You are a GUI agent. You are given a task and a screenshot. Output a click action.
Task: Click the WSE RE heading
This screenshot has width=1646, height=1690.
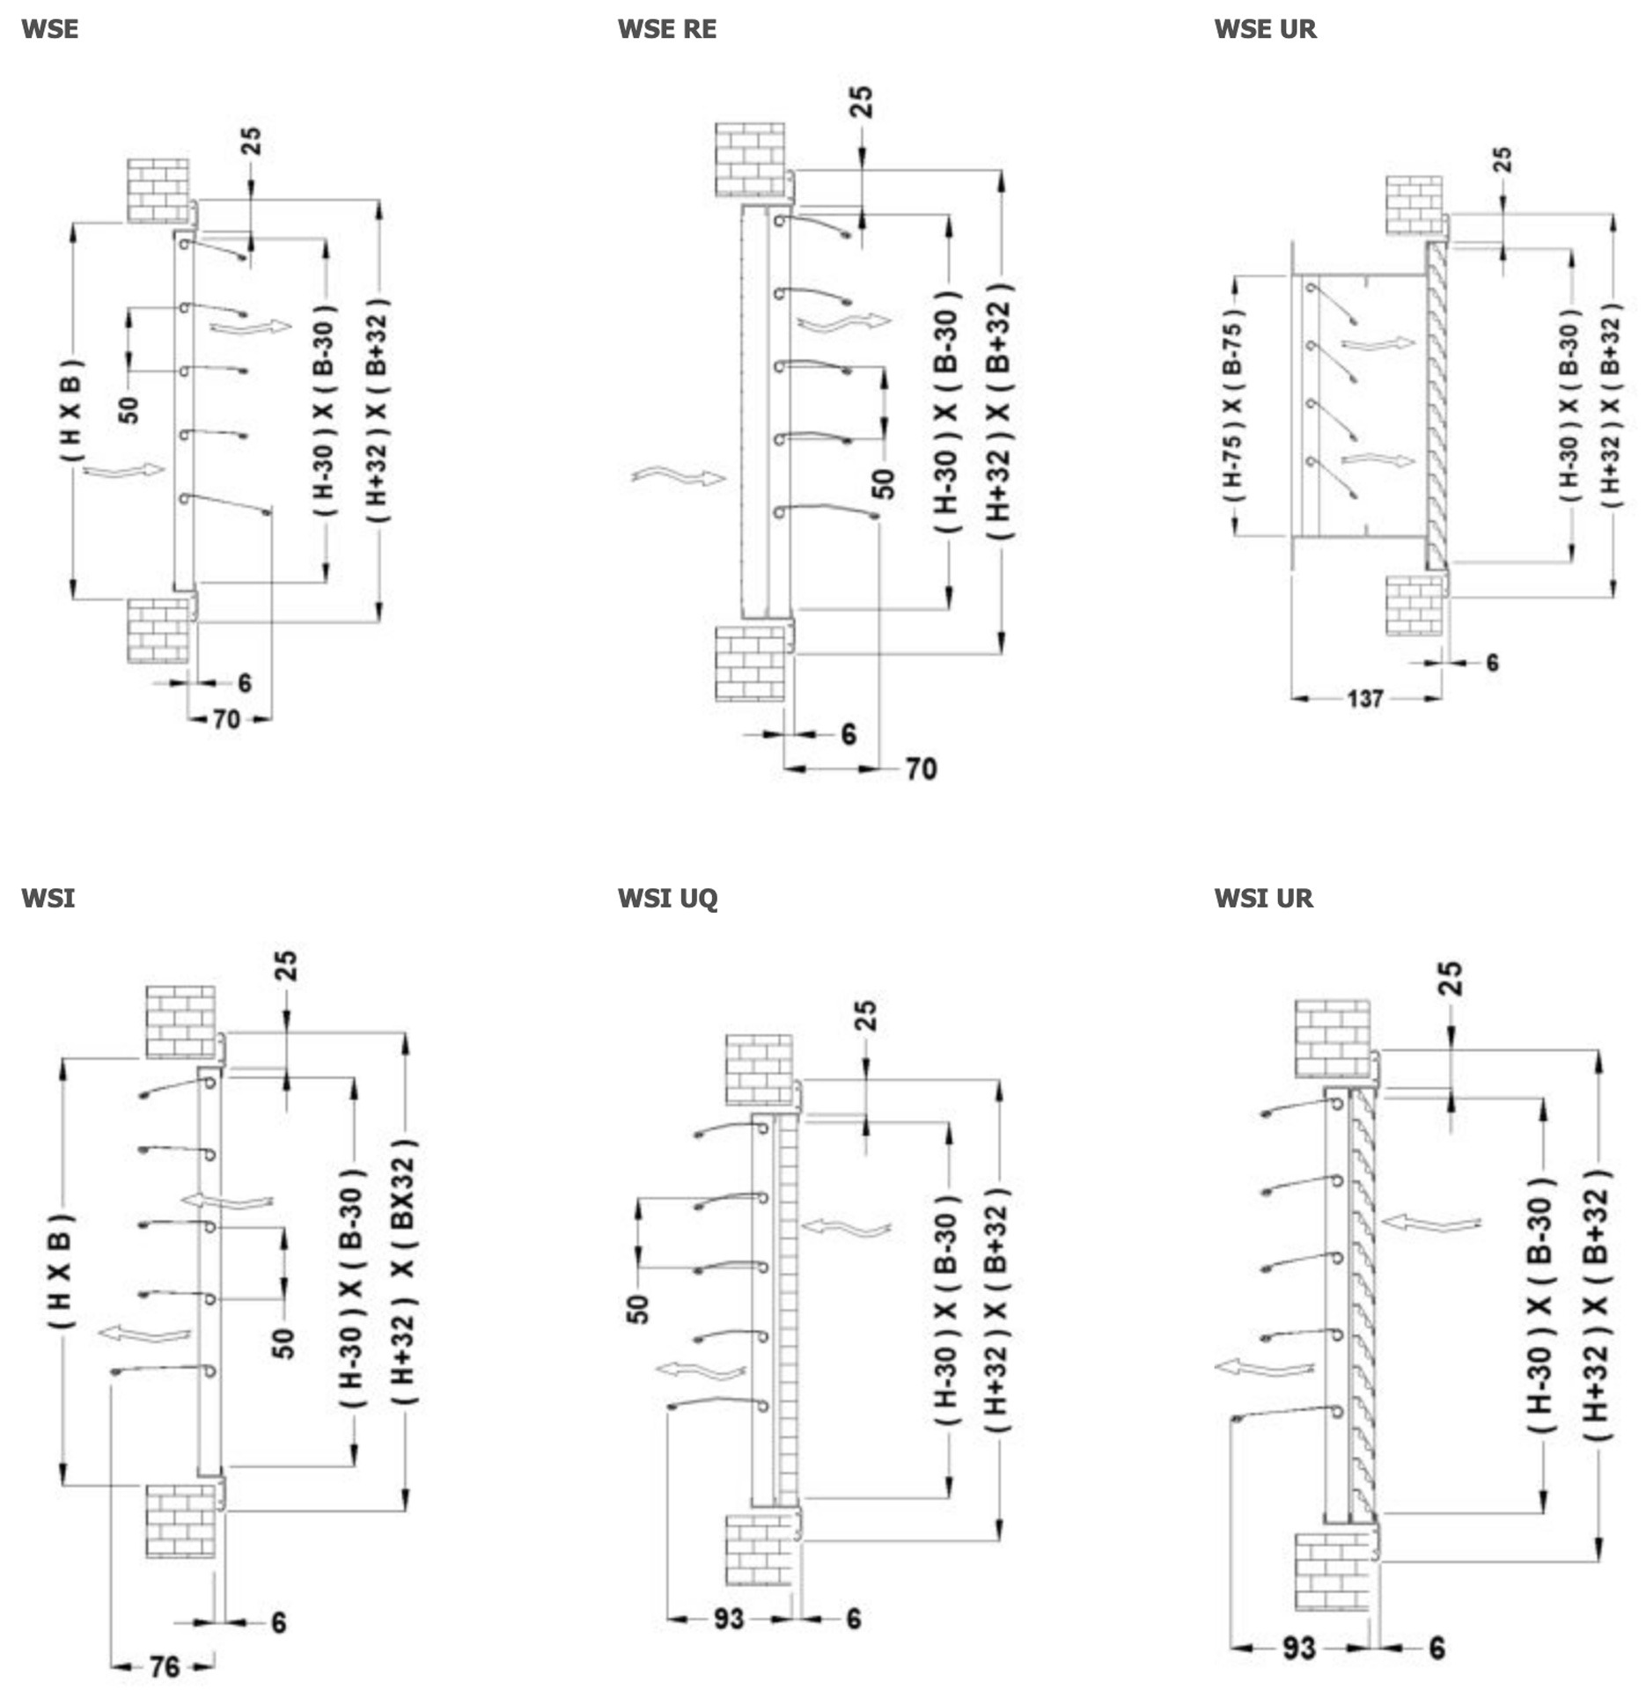tap(666, 29)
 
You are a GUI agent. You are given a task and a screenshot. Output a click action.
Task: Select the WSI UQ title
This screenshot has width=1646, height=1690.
tap(667, 898)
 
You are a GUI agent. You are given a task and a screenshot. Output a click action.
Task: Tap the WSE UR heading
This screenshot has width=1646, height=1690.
tap(1265, 29)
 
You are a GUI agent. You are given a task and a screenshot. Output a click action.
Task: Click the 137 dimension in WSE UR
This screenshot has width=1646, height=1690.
tap(1364, 699)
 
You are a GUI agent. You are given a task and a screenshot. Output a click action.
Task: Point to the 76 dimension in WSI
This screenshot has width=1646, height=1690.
tap(165, 1666)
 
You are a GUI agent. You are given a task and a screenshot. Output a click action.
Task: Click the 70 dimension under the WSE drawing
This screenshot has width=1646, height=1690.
tap(226, 719)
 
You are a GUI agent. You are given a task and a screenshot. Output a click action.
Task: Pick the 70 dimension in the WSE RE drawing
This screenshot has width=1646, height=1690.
tap(921, 768)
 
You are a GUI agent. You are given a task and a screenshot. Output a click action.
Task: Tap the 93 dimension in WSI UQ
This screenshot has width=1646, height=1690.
tap(729, 1619)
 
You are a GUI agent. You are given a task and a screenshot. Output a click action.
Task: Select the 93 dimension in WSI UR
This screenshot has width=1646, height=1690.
tap(1298, 1648)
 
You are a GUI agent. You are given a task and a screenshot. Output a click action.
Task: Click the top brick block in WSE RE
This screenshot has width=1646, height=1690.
tap(749, 159)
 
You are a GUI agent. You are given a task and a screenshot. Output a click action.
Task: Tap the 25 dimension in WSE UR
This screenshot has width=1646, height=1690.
tap(1503, 160)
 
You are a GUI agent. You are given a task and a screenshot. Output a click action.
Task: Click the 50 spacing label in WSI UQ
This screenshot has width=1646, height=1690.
tap(638, 1309)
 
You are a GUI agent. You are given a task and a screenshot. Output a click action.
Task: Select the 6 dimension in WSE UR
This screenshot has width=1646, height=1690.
tap(1492, 662)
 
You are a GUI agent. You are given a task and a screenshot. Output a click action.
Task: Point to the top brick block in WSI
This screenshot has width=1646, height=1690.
tap(180, 1021)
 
